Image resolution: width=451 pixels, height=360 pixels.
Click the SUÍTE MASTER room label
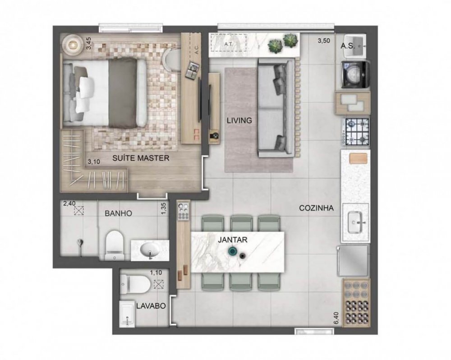135,158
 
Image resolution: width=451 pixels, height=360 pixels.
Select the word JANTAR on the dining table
232,240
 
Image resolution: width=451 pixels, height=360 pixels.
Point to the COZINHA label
316,208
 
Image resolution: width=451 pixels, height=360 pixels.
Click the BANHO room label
119,213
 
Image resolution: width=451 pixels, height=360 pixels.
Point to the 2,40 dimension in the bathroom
69,203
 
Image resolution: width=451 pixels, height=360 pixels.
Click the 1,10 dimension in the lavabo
156,272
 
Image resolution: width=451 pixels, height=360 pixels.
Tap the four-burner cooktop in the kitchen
357,131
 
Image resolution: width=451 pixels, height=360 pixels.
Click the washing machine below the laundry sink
356,74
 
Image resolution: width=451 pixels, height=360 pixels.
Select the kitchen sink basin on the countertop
355,222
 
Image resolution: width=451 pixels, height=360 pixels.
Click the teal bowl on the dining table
233,252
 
